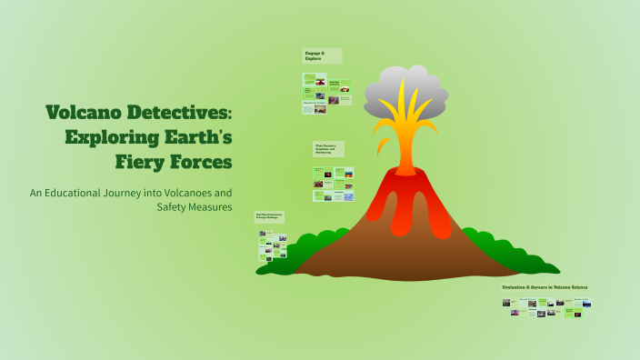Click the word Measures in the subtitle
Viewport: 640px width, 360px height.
pos(212,207)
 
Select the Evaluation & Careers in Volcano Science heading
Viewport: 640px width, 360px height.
pos(545,287)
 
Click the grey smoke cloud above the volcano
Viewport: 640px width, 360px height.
pos(406,93)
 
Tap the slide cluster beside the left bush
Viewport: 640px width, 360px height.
pos(271,242)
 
